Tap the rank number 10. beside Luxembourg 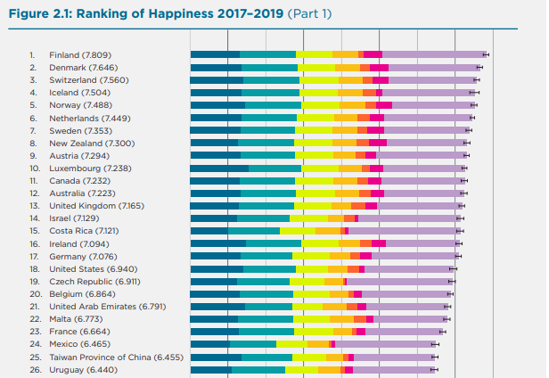(35, 168)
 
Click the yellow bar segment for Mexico (291, 343)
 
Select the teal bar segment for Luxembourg (274, 168)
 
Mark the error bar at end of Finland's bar (487, 54)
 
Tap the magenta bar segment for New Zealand (377, 143)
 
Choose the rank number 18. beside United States (35, 267)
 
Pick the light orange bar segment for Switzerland (350, 79)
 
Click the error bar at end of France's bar (441, 331)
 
